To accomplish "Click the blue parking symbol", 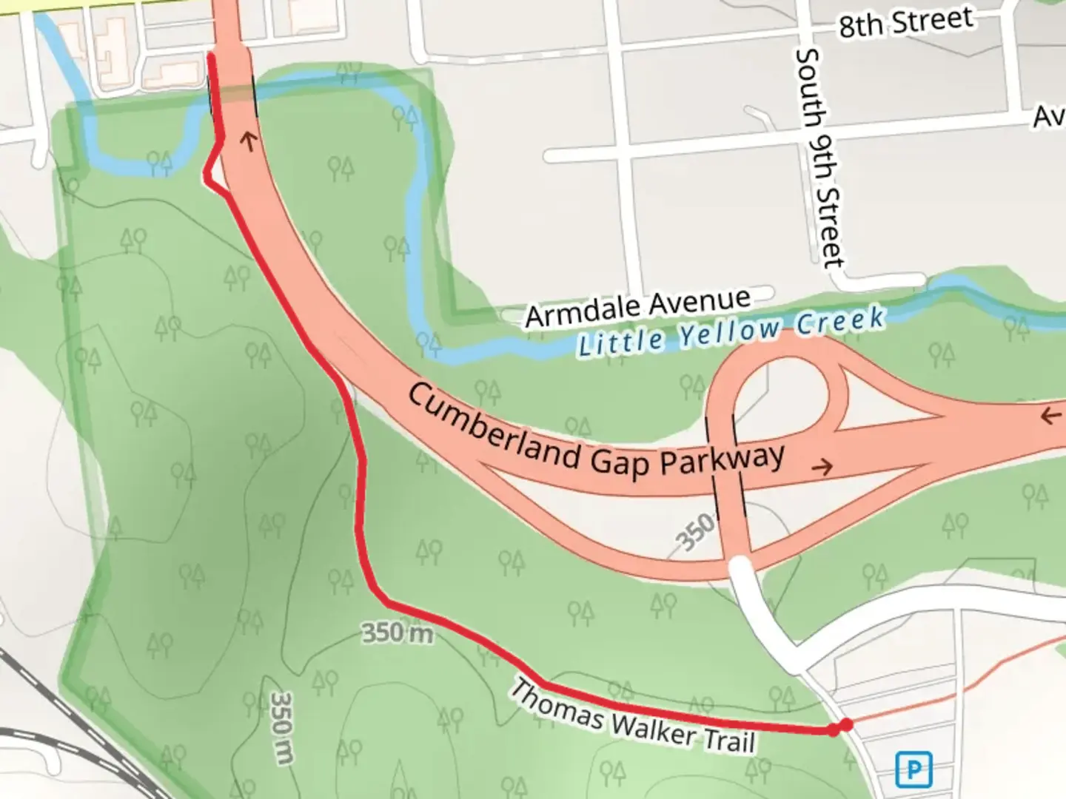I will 914,770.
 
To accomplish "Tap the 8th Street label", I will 905,22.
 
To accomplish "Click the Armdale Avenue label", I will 638,307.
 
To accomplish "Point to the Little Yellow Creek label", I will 731,332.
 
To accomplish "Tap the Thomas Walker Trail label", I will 633,717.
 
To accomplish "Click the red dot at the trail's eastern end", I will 845,725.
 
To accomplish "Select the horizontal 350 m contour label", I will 397,633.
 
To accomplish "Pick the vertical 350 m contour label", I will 282,728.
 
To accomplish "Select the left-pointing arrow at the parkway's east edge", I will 1050,416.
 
